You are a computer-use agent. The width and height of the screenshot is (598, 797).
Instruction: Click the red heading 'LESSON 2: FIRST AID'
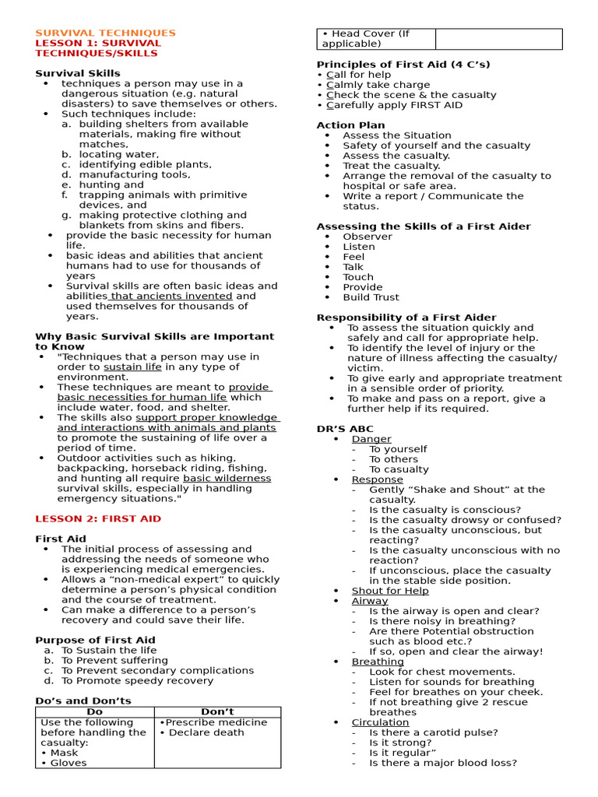[98, 518]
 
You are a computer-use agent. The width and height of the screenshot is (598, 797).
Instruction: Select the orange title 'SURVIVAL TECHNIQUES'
[105, 33]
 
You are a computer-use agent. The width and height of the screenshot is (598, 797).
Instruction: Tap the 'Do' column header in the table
[94, 711]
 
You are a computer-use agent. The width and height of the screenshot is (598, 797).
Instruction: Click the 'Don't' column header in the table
[217, 711]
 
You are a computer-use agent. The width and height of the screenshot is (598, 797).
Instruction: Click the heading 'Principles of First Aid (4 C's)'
[403, 65]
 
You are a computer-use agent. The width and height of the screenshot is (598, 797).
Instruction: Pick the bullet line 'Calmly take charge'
[378, 85]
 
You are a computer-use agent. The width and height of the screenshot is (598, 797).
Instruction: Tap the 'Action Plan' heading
[350, 125]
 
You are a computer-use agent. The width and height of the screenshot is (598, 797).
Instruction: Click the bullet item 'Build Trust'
[371, 297]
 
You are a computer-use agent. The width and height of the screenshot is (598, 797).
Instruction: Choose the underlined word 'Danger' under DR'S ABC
[371, 439]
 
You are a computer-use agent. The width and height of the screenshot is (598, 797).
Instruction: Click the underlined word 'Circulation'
[380, 722]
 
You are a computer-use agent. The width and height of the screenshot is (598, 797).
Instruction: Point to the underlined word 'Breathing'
[378, 662]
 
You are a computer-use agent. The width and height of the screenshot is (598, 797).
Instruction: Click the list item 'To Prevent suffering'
[114, 660]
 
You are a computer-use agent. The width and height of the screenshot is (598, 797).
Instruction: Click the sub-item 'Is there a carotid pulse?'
[433, 732]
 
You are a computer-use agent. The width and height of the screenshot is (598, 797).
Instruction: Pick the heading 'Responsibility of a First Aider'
[406, 318]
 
